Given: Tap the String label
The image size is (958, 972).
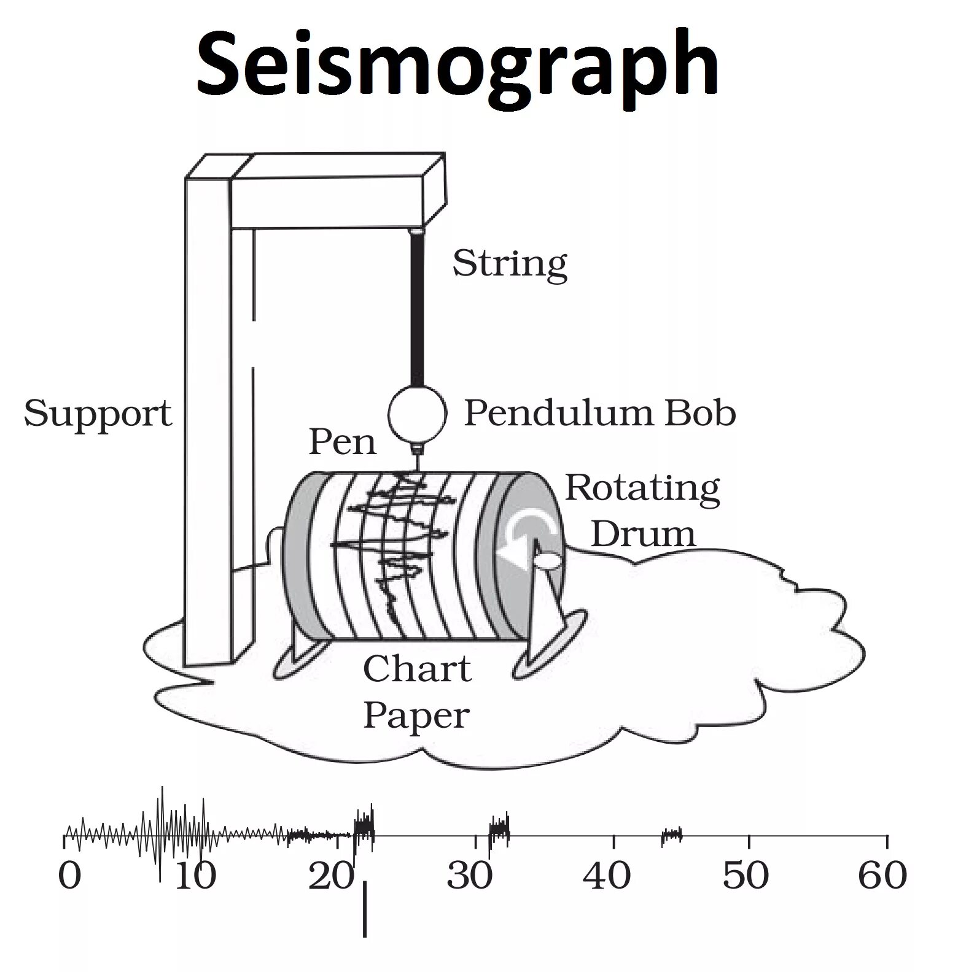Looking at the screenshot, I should click(509, 264).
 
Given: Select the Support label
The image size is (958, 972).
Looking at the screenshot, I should click(98, 414).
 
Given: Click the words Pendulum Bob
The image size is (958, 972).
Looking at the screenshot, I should click(599, 413).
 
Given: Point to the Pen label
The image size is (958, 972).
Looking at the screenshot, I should click(341, 442).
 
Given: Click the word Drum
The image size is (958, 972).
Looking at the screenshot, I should click(643, 534).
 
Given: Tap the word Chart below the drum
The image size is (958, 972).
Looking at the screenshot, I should click(417, 669).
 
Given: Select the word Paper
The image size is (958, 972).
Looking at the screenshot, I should click(416, 715).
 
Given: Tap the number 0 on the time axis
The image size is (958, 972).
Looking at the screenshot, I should click(69, 875).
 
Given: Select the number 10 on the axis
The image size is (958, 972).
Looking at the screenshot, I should click(195, 875).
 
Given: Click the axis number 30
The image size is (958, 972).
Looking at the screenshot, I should click(470, 875).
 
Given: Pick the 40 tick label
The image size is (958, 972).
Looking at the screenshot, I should click(607, 875).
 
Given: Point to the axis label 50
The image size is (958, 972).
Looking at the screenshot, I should click(745, 875).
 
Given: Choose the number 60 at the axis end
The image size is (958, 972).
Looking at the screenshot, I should click(882, 875).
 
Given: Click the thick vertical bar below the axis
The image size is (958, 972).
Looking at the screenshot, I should click(365, 909).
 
